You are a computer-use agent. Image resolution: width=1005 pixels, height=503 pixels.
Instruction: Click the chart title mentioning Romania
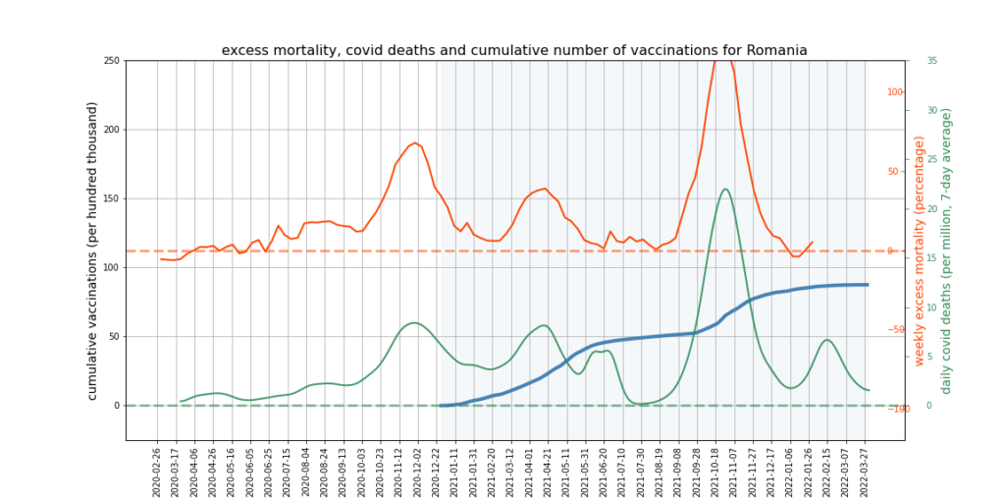click(514, 50)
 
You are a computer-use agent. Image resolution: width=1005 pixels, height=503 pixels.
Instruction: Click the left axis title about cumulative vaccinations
click(92, 251)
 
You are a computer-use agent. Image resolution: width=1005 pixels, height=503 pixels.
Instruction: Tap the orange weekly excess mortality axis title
click(920, 251)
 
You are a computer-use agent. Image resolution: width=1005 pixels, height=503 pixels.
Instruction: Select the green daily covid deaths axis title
click(946, 251)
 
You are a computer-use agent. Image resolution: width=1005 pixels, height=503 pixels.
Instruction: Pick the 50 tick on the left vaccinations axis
click(113, 336)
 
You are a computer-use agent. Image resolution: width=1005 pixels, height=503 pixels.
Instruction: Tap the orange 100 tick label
click(895, 92)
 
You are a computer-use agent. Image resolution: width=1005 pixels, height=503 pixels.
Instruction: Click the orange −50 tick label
click(895, 330)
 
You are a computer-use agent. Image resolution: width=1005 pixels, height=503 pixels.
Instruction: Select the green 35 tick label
click(931, 61)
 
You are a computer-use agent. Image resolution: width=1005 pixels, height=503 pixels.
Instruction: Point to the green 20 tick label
click(931, 208)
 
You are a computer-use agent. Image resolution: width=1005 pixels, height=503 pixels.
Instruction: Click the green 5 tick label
click(929, 357)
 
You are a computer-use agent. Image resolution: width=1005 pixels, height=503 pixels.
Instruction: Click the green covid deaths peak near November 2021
click(724, 189)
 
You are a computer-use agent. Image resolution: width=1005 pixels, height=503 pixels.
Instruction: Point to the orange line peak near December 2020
click(415, 142)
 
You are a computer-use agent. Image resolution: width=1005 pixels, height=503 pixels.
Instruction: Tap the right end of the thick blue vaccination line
click(868, 285)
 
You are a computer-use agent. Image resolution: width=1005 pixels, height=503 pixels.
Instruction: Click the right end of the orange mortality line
click(813, 242)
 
